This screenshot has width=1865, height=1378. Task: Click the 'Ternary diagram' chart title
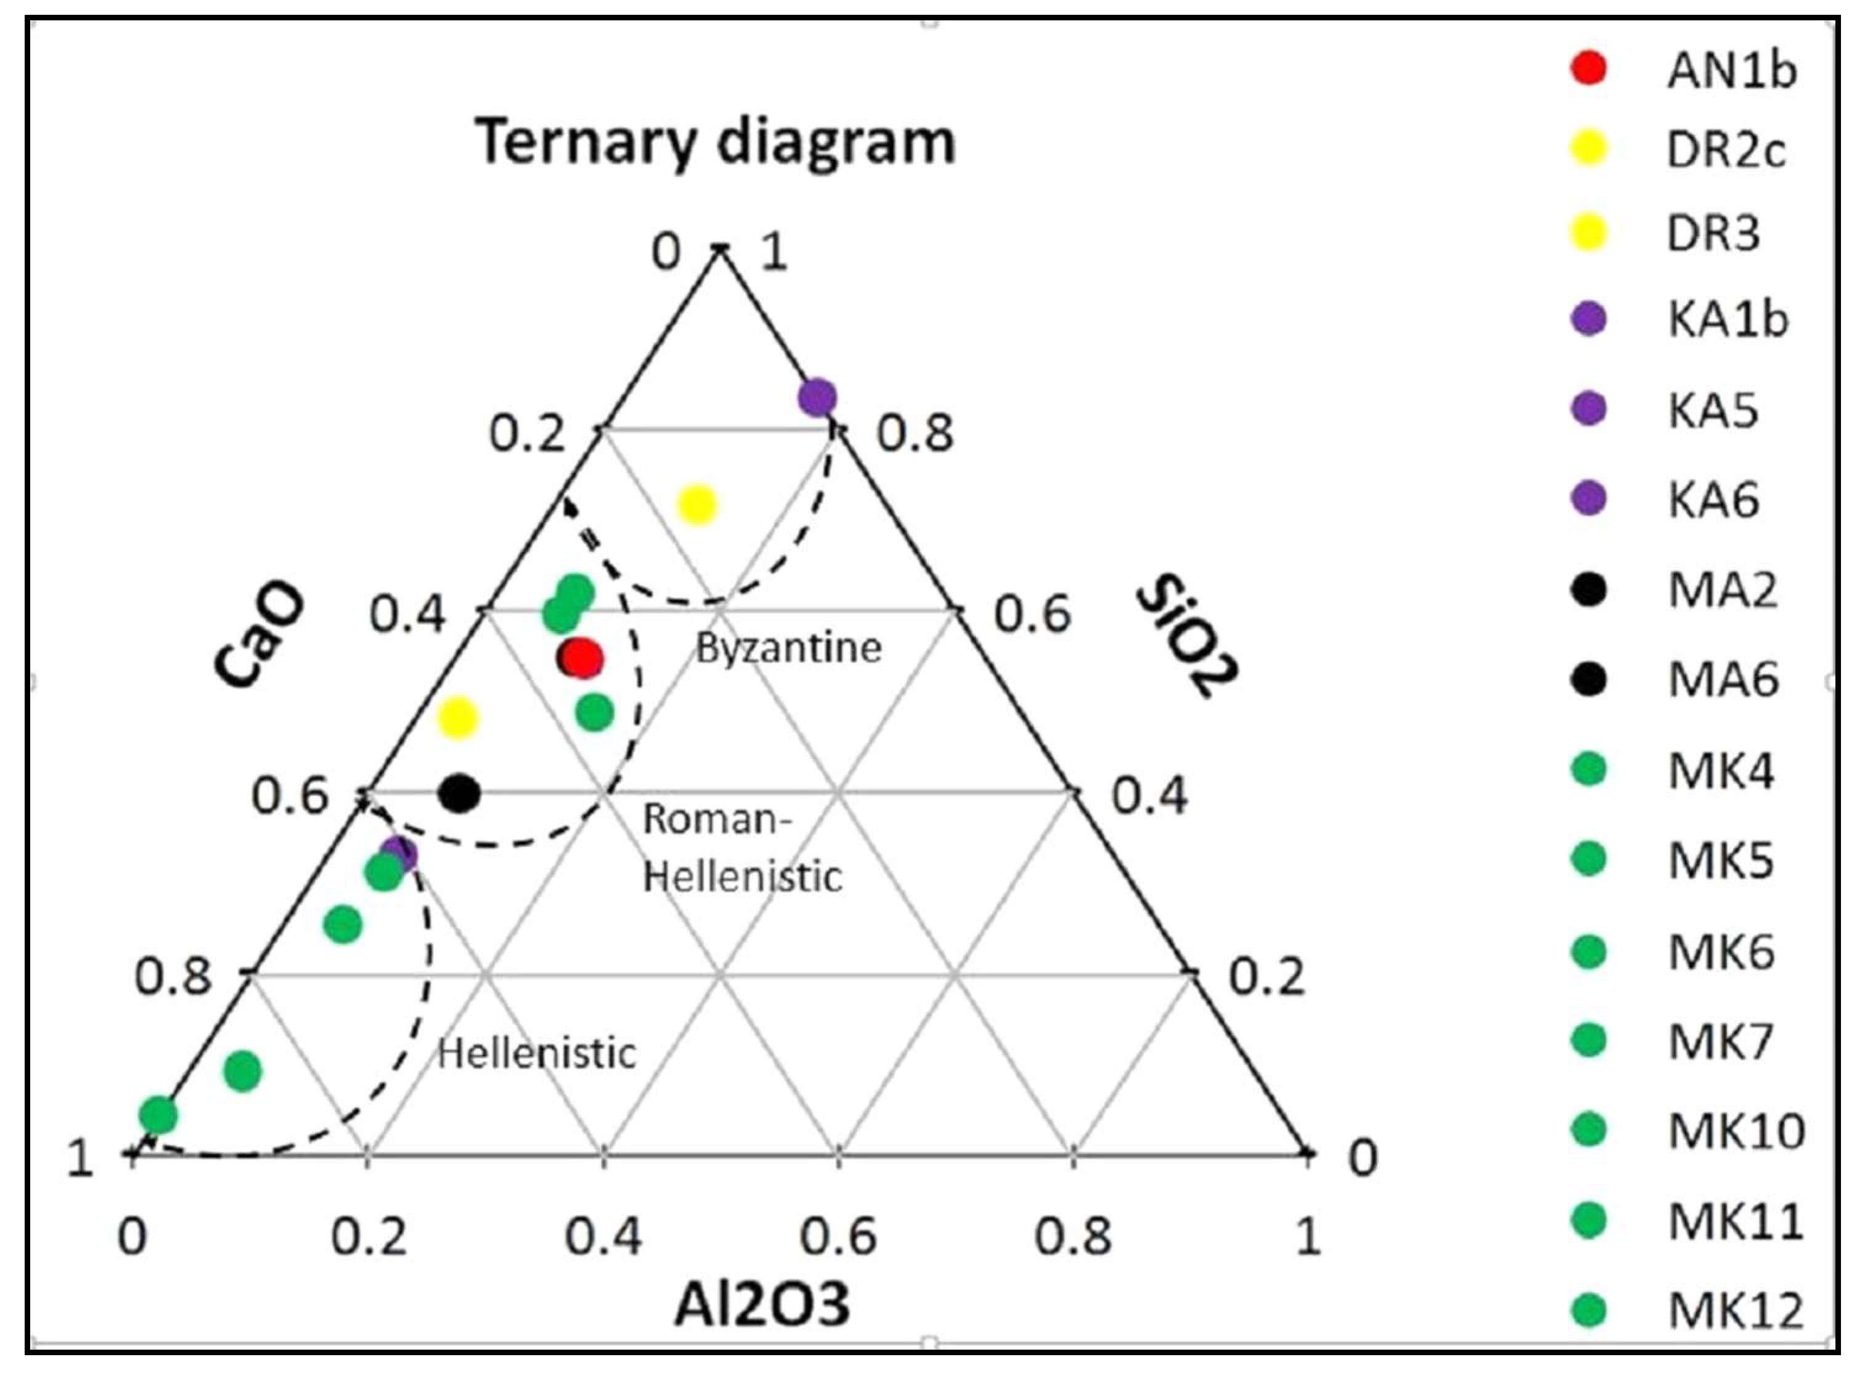(716, 142)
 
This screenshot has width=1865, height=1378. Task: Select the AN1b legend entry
(1730, 70)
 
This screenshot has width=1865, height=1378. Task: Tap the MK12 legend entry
(1735, 1310)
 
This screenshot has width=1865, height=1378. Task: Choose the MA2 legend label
(1721, 591)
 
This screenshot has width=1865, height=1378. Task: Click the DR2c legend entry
(1725, 151)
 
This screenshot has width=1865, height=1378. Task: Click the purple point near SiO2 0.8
(817, 397)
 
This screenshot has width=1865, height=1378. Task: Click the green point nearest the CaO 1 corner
(158, 1115)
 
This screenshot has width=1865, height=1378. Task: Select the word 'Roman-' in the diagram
(716, 819)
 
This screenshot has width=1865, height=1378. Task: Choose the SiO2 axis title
(1187, 634)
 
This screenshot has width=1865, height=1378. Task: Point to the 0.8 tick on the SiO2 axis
(915, 434)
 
